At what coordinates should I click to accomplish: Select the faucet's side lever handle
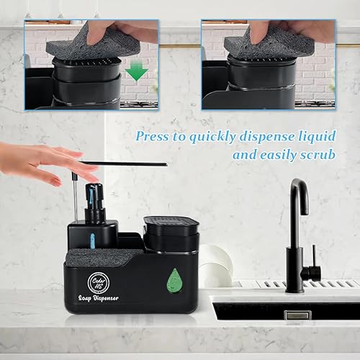(x=312, y=271)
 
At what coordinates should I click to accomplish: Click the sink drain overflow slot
(x=297, y=315)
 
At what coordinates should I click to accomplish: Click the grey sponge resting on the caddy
(x=104, y=256)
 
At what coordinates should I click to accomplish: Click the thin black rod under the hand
(x=130, y=164)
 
